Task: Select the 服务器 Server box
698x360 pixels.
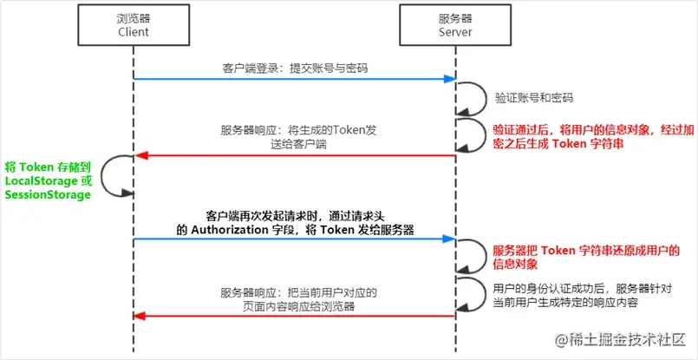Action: click(x=456, y=25)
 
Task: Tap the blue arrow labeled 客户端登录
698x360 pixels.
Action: click(x=295, y=80)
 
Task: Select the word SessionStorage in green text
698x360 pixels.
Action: click(x=48, y=195)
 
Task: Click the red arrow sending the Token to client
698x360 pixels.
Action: click(x=295, y=157)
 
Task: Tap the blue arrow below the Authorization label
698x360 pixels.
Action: click(x=295, y=239)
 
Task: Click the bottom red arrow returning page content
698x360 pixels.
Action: click(x=295, y=317)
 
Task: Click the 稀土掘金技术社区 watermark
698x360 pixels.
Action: click(x=625, y=337)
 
